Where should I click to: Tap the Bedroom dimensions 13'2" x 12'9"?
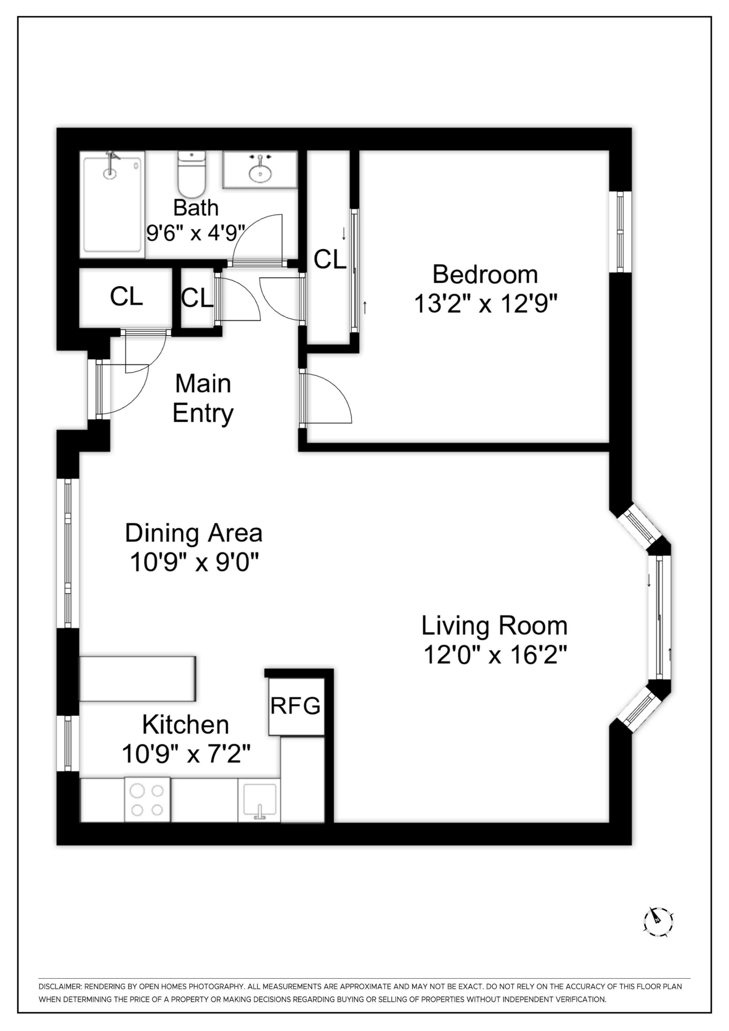coord(485,304)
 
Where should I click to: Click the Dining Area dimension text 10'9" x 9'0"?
coord(194,562)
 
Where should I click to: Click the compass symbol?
coord(658,922)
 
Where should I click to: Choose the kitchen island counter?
coord(137,678)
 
